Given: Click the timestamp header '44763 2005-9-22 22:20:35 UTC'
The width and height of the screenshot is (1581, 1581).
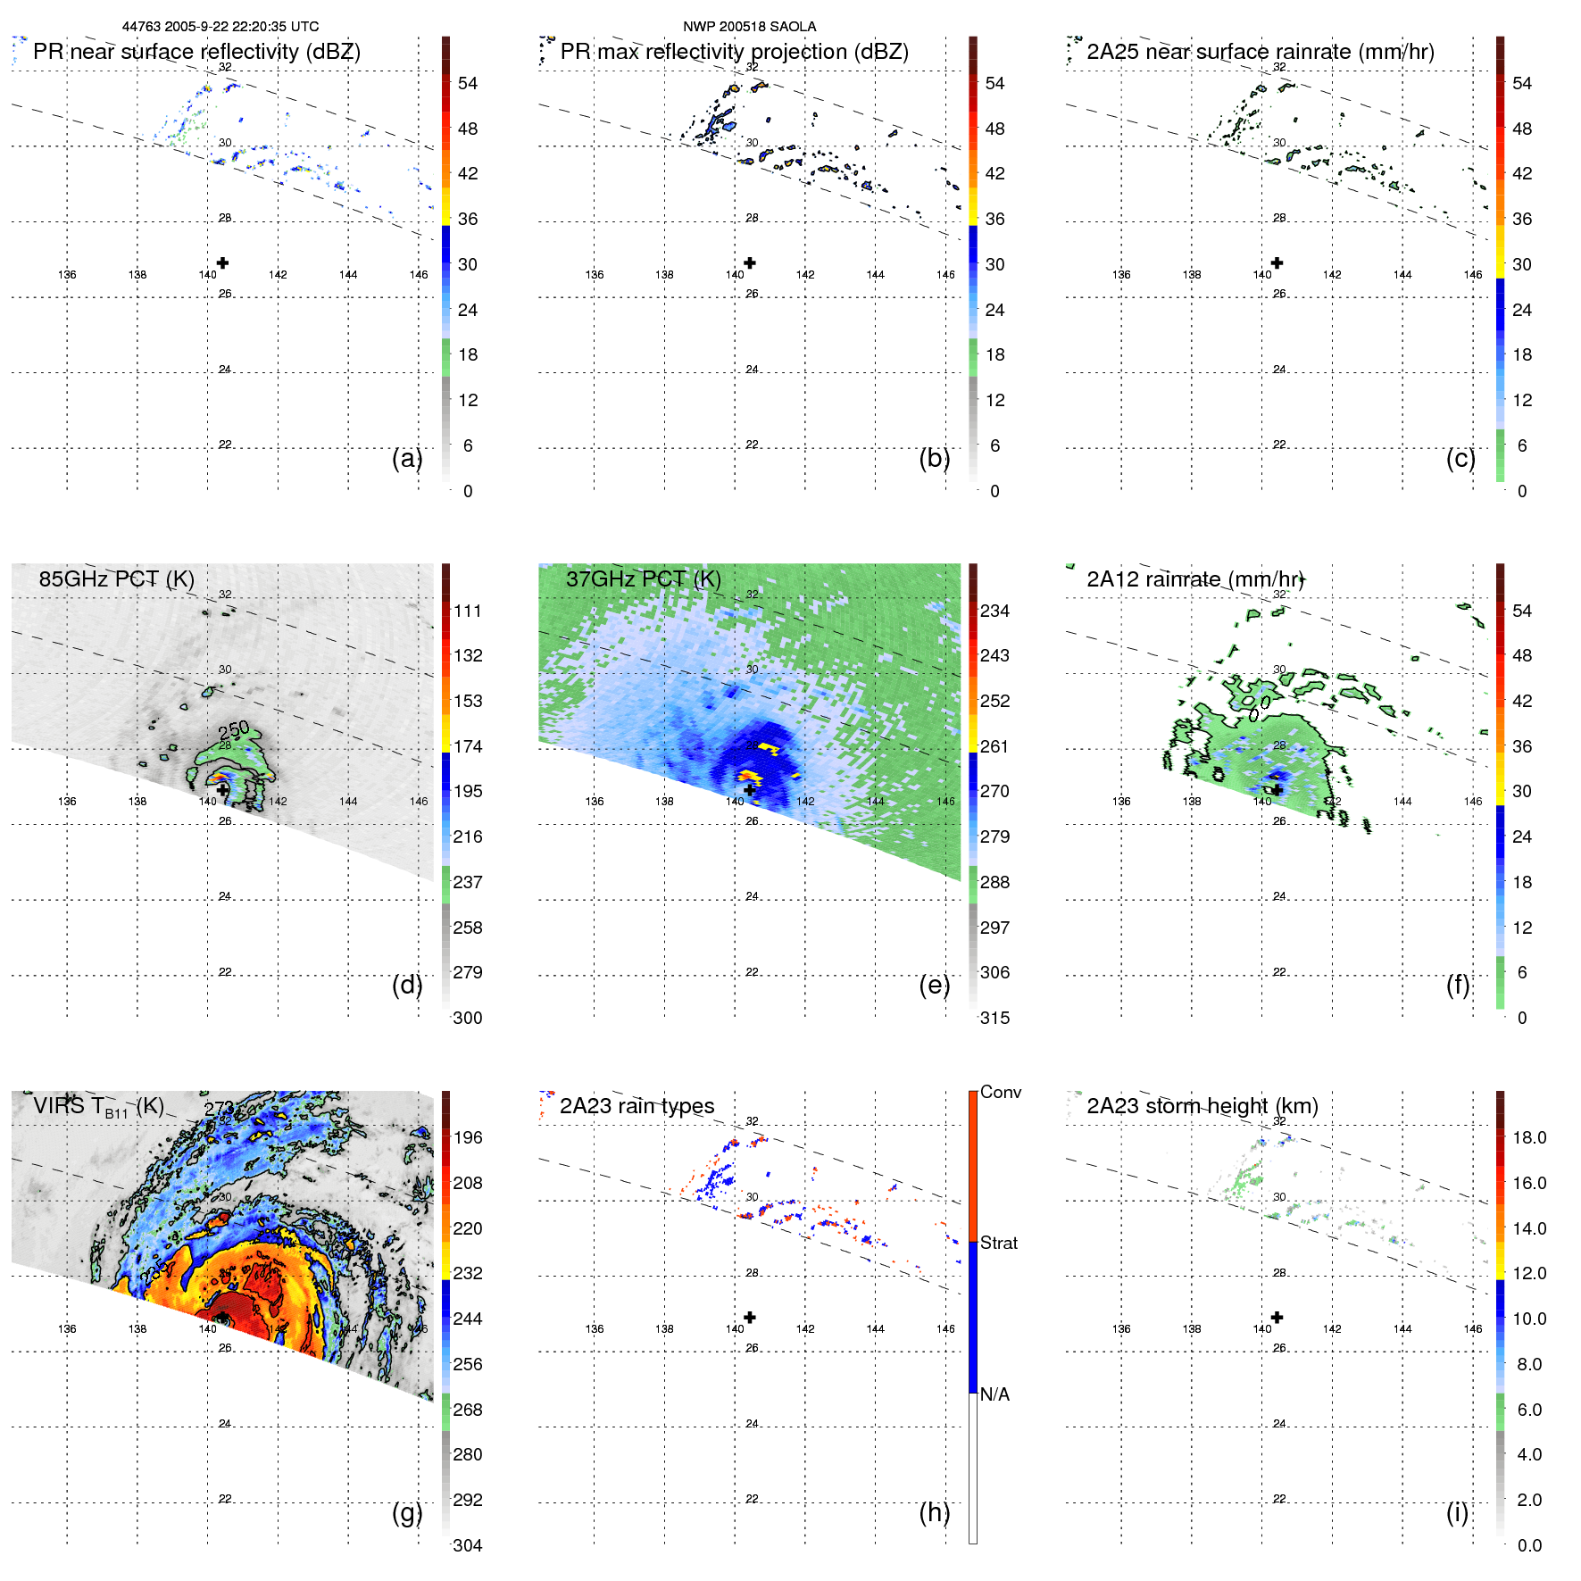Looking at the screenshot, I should [220, 27].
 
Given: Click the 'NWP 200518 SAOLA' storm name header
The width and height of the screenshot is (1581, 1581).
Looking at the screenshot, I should [749, 27].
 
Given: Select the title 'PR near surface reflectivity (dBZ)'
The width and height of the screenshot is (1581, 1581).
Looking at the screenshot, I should [196, 52].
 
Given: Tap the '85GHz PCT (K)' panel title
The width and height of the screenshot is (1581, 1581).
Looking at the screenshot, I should [116, 578].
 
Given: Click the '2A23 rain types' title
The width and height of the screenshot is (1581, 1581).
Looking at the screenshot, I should [637, 1106].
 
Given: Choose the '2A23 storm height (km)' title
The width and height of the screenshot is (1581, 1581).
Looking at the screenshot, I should [1202, 1106].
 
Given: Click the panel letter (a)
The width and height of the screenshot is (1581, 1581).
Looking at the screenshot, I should [407, 458].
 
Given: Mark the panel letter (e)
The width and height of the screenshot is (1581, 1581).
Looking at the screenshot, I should [934, 985].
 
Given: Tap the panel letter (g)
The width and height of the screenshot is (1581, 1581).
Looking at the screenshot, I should [407, 1512].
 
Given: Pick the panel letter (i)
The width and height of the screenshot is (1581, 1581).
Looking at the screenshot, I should [1457, 1512].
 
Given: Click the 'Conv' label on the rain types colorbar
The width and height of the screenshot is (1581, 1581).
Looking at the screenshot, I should [1000, 1092].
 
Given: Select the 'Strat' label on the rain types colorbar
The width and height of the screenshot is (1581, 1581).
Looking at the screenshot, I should [998, 1243].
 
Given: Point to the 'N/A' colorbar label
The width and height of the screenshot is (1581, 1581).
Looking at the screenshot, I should [994, 1394].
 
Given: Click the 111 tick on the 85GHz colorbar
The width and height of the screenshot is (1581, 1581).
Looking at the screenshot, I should [467, 611].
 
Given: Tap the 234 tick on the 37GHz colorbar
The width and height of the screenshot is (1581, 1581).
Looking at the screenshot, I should [994, 611].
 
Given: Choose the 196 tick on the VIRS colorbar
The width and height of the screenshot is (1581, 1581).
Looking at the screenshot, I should [467, 1137].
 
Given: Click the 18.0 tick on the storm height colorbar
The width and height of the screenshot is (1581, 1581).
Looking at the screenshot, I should [1528, 1137].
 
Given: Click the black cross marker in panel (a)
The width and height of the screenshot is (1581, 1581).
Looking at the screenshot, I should [222, 262].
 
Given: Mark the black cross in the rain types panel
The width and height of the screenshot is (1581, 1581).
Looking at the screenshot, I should [750, 1317].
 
